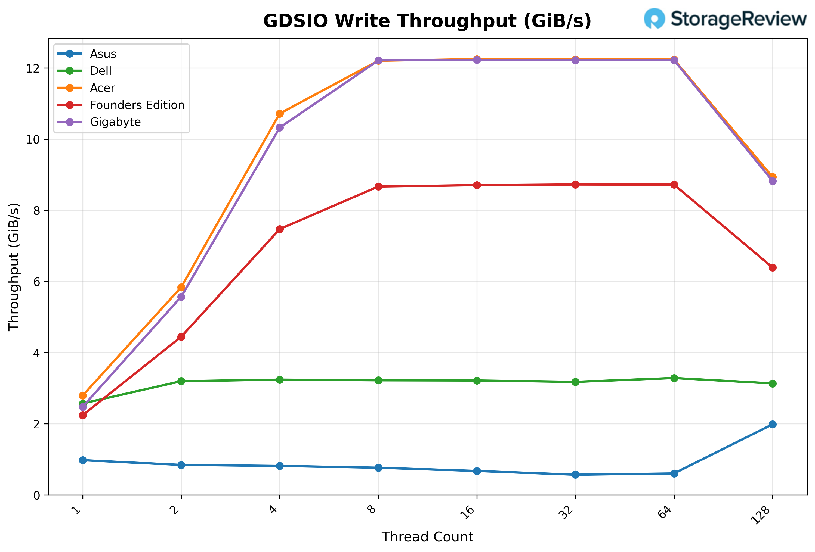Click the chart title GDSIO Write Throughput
(x=427, y=21)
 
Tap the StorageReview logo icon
(x=654, y=18)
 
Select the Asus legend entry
(x=103, y=54)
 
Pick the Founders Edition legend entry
(x=137, y=105)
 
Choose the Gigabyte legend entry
(x=115, y=122)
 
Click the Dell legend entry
(x=101, y=71)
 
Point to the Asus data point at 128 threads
(x=772, y=425)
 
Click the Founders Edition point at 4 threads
(x=279, y=229)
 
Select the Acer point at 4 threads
(x=279, y=114)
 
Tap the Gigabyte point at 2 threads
(x=181, y=297)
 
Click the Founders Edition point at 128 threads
(x=772, y=267)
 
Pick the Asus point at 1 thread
(x=83, y=460)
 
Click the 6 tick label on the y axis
(x=36, y=282)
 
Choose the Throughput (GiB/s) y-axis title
(x=14, y=266)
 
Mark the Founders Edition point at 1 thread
(x=83, y=415)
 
